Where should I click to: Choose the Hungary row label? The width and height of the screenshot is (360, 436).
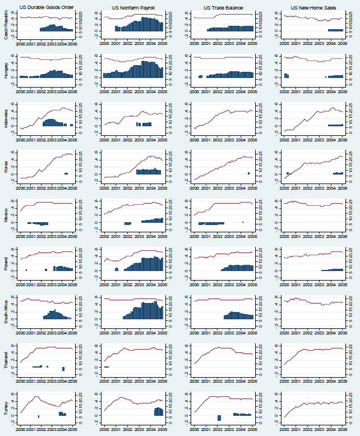(x=6, y=71)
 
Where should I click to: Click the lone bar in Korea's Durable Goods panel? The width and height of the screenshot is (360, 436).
(x=66, y=173)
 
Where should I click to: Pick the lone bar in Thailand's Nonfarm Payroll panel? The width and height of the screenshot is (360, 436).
(x=107, y=366)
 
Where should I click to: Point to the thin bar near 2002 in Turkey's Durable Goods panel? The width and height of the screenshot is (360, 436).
(x=39, y=416)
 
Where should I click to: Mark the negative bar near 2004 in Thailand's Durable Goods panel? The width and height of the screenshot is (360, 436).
(x=63, y=369)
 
